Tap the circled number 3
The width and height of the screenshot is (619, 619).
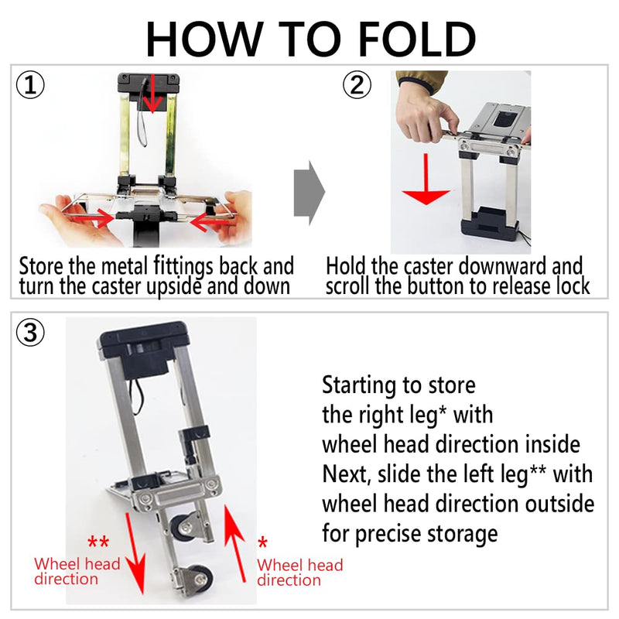(x=30, y=333)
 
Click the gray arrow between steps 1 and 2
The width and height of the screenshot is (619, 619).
(x=309, y=192)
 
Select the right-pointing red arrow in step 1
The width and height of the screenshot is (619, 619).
(x=96, y=219)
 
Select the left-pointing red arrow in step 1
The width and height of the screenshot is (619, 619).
(x=210, y=223)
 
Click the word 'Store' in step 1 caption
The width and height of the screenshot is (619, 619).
(x=39, y=266)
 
